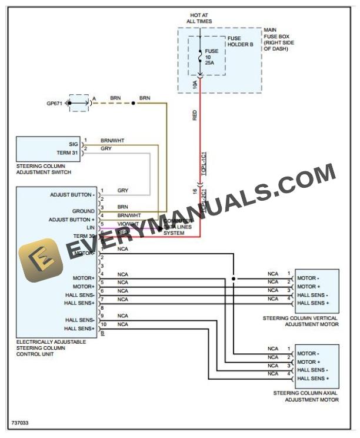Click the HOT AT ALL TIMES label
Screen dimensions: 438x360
click(199, 18)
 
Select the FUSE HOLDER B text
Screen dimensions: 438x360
click(241, 41)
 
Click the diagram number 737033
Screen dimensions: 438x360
click(19, 423)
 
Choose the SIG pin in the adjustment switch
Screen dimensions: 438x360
click(73, 144)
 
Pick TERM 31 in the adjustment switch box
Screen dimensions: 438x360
click(66, 152)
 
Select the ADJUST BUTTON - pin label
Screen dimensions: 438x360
click(72, 194)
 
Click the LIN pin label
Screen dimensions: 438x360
click(90, 227)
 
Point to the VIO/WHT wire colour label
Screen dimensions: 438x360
click(128, 224)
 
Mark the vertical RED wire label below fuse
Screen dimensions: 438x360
click(195, 115)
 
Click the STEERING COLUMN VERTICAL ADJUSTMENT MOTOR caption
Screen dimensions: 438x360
click(301, 321)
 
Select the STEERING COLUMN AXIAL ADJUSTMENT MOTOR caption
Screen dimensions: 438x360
click(306, 396)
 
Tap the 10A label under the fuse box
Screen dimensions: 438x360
click(195, 84)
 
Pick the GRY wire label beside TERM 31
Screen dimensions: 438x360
click(106, 149)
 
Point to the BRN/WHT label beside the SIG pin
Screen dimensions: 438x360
click(112, 141)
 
